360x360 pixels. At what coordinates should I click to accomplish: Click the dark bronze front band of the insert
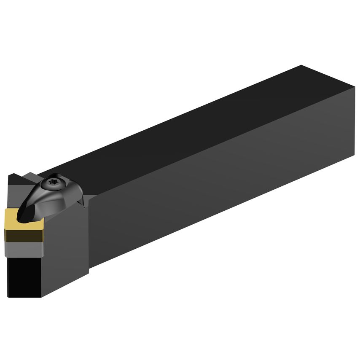pos(24,234)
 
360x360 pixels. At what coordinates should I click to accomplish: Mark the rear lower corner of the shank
pos(354,156)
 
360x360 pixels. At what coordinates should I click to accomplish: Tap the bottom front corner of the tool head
pos(41,297)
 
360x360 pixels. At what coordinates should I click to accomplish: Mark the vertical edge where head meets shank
pos(89,236)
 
